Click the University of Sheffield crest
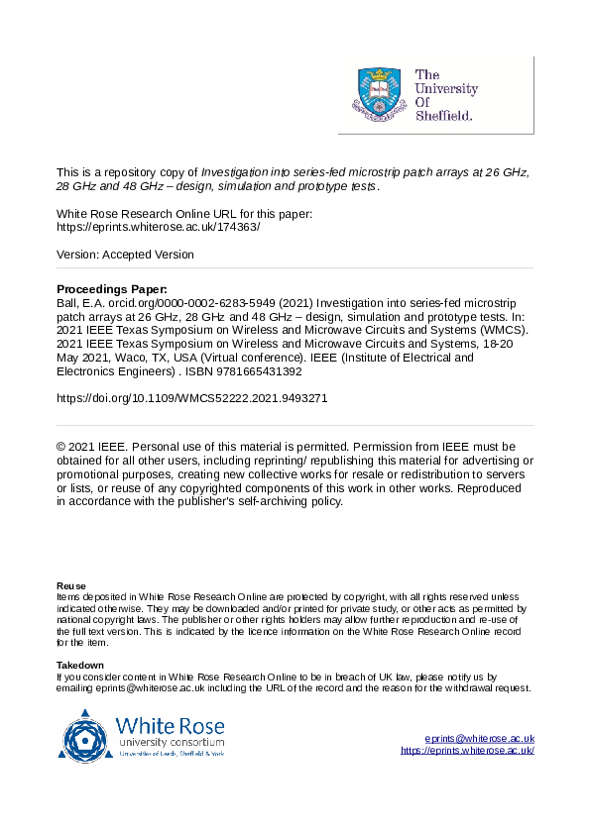click(x=377, y=95)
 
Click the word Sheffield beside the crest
click(x=443, y=115)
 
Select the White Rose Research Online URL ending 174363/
click(x=159, y=227)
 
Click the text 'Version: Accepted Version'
click(x=125, y=255)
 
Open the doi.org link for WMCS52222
click(x=192, y=398)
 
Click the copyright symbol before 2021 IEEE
click(x=62, y=447)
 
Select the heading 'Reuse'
click(x=71, y=585)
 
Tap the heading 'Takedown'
click(x=80, y=665)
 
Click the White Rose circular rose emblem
click(x=86, y=736)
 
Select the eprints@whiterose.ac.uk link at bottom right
click(x=480, y=739)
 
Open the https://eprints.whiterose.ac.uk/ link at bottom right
click(x=467, y=751)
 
